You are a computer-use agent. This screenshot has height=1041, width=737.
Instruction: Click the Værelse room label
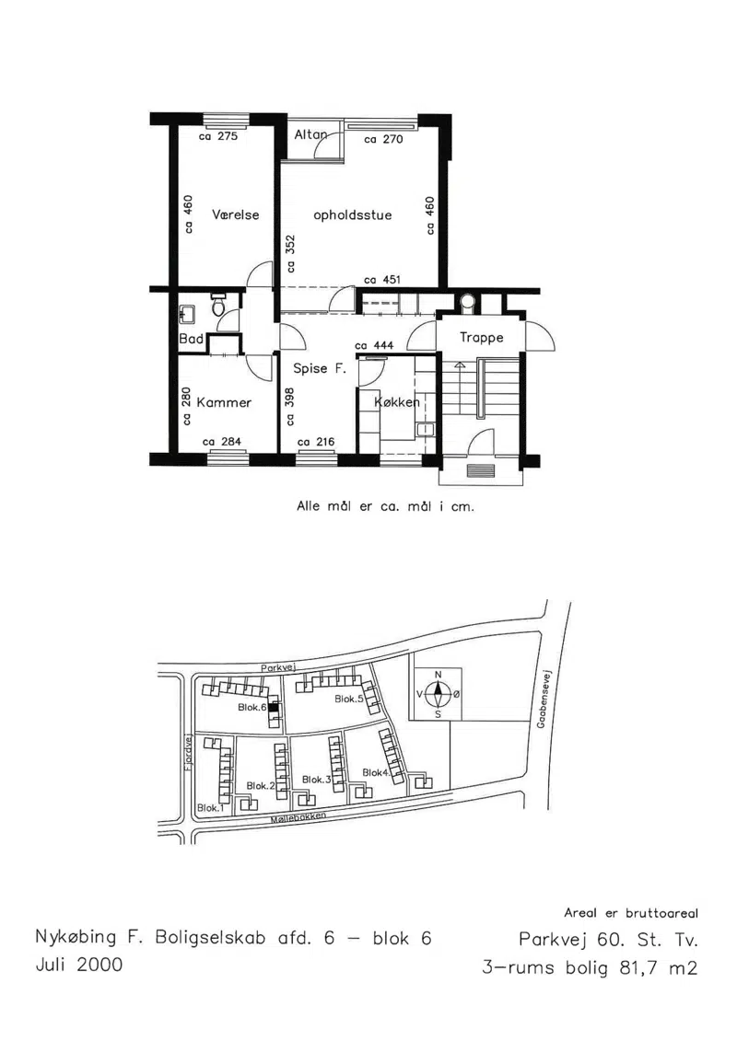pos(235,214)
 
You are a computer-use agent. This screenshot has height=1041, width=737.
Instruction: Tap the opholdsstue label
pos(352,215)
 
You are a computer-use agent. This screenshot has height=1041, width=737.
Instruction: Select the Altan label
pos(311,134)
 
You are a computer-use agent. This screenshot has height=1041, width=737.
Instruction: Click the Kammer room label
pos(224,402)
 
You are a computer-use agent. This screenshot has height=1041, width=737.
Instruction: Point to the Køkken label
pos(397,402)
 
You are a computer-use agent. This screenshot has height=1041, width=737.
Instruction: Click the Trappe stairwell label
pos(481,338)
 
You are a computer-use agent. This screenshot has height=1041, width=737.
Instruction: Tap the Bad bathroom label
pos(192,339)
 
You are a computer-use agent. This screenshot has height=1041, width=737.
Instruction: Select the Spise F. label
pos(320,368)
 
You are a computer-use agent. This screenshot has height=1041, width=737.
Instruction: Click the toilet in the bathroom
pos(217,305)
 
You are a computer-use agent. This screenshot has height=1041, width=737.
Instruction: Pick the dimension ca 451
pos(382,280)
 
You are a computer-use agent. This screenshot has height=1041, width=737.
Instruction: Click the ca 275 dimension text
pos(218,136)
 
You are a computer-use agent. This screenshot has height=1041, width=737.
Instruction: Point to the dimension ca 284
pos(221,442)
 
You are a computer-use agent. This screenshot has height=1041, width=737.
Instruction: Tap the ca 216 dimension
pos(316,442)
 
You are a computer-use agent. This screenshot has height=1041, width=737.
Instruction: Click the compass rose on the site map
pos(438,694)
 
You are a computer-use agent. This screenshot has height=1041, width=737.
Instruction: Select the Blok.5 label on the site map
pos(349,699)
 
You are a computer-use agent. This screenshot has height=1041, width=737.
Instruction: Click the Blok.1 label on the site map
pos(211,808)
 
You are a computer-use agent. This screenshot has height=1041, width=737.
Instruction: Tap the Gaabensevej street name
pos(541,699)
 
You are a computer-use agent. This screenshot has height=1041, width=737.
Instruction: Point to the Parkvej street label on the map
pos(278,668)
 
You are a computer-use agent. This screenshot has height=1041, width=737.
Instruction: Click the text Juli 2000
pos(79,965)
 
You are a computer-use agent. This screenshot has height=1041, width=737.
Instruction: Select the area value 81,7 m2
pos(659,968)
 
